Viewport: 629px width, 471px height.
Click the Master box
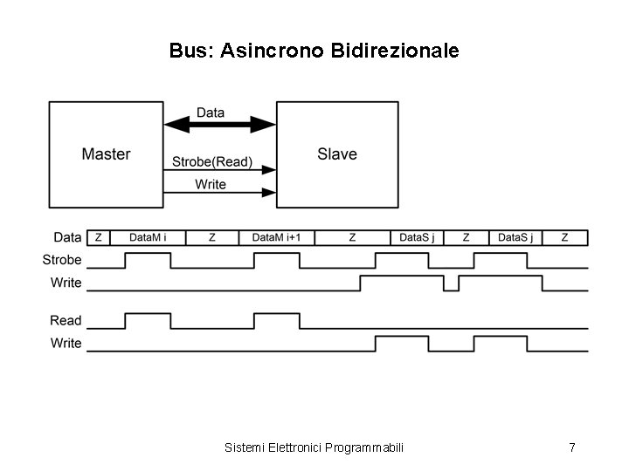pos(106,154)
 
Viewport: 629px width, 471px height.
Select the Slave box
pos(337,154)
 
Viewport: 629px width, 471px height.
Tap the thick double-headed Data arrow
pos(220,126)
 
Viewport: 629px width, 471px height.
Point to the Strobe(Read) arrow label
pos(211,161)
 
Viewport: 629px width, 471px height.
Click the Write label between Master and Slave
pos(211,184)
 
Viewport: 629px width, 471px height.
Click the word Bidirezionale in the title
pos(395,51)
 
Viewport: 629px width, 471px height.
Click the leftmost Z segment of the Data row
pos(98,237)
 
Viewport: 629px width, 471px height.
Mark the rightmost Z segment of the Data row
pos(564,237)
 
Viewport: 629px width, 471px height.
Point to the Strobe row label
pos(62,260)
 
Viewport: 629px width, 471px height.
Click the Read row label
pos(66,321)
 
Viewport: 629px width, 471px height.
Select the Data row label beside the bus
pos(67,237)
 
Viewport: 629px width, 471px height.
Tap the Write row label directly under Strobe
pos(66,283)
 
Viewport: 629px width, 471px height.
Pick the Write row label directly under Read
pos(66,343)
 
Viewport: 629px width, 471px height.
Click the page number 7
pos(571,447)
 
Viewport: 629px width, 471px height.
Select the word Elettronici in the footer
pos(291,447)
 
